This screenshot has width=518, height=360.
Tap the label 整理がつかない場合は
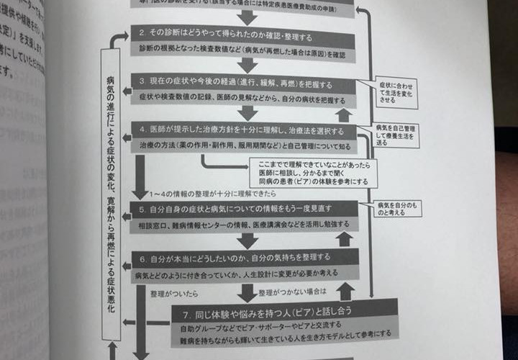291,292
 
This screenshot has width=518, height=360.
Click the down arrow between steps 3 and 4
248,112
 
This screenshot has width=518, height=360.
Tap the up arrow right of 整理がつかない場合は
345,291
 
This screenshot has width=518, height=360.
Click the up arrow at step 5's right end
345,239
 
